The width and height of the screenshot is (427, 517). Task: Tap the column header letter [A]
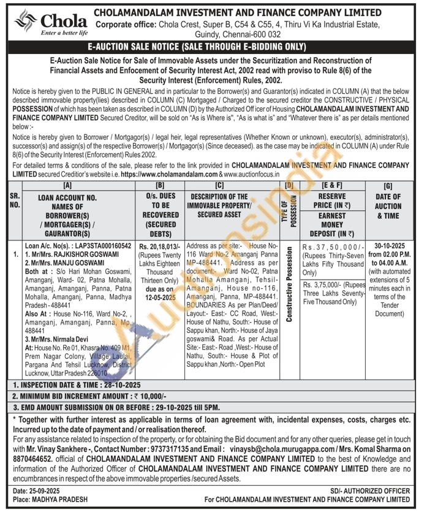click(67, 184)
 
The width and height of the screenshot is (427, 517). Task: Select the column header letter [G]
click(388, 184)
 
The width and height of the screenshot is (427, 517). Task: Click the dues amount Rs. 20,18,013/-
click(157, 245)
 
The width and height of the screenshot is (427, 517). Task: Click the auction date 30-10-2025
click(388, 245)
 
